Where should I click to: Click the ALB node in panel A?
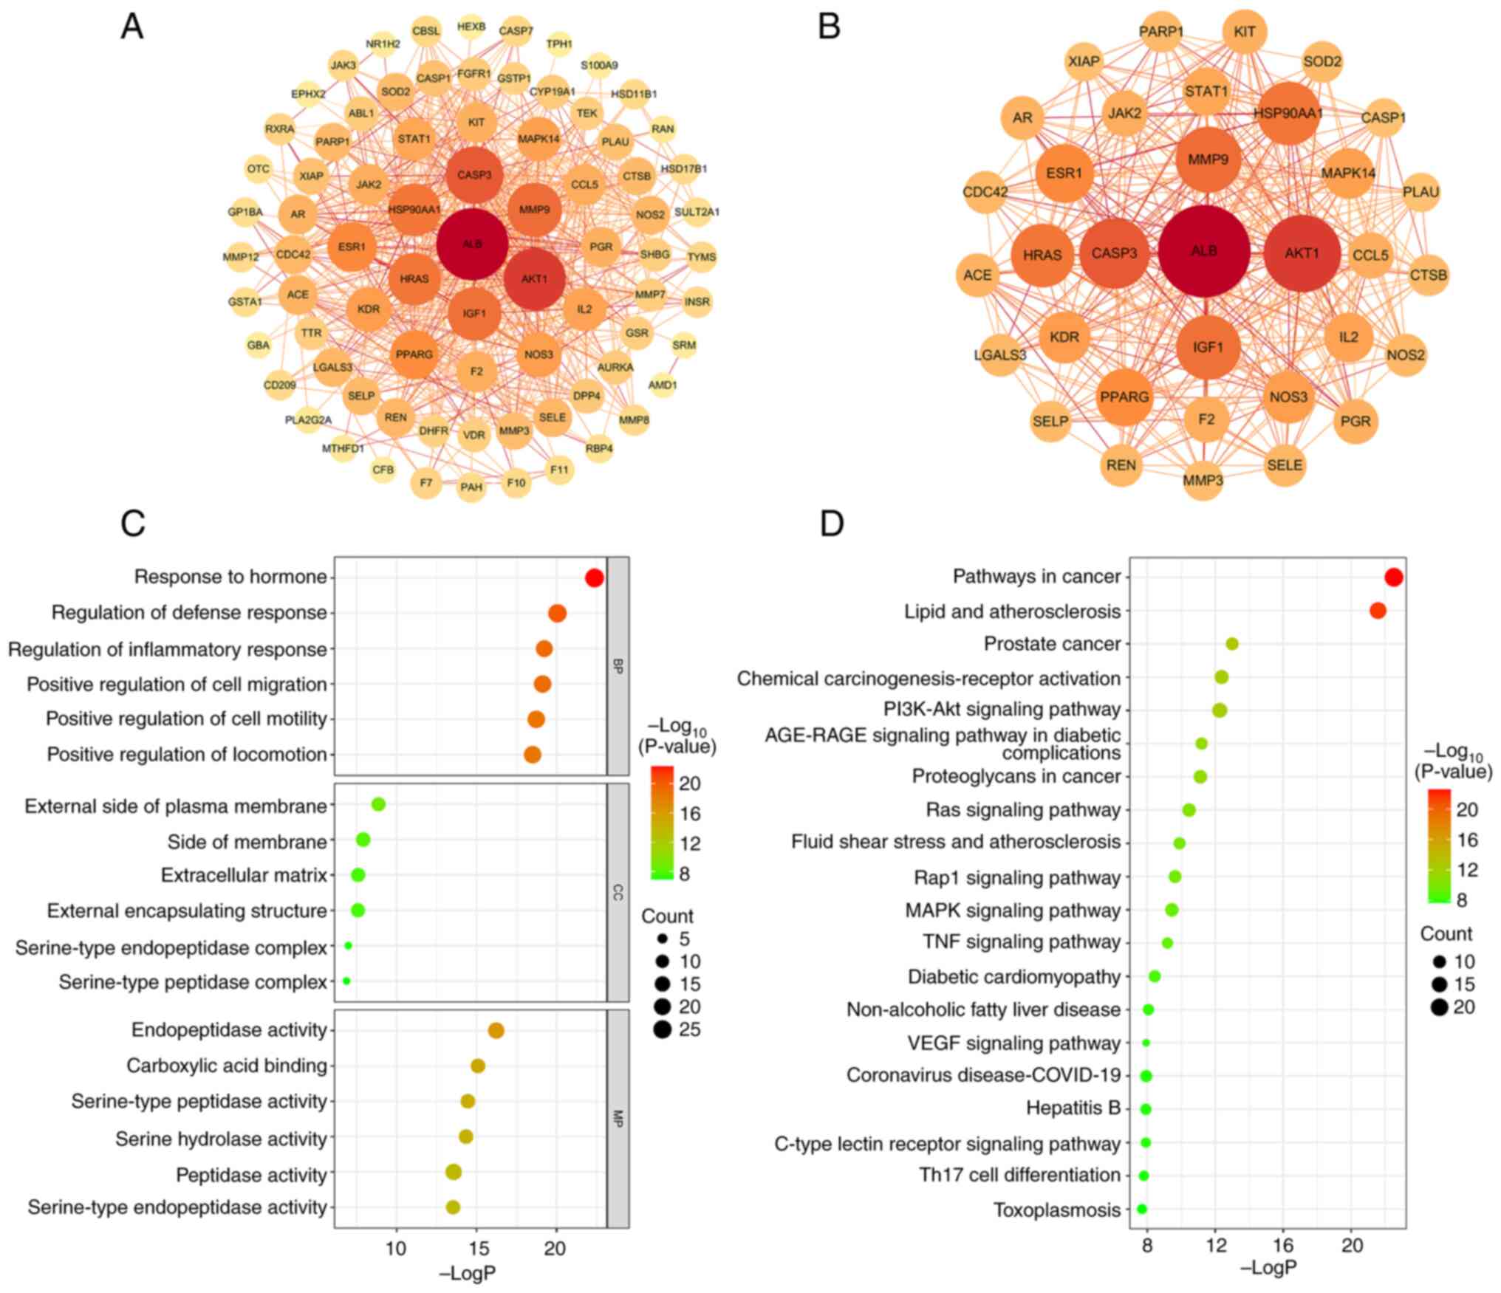pos(472,244)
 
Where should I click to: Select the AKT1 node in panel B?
pos(1301,253)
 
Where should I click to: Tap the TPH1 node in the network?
pos(559,44)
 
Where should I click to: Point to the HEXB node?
pos(471,27)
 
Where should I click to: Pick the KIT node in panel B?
pos(1245,32)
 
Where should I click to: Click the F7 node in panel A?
pos(425,483)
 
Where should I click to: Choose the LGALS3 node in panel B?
pos(1000,355)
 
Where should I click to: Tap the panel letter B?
pos(830,27)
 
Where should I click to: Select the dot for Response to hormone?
pos(594,577)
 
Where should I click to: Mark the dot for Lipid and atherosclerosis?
pos(1377,611)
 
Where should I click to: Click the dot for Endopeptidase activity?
pos(496,1030)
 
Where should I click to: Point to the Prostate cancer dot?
pos(1231,644)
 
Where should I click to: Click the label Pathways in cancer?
pos(1036,576)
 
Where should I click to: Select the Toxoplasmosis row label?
pos(1056,1210)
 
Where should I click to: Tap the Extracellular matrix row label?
pos(244,875)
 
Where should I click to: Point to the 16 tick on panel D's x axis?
pos(1284,1245)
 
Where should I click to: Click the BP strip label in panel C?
pos(618,667)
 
